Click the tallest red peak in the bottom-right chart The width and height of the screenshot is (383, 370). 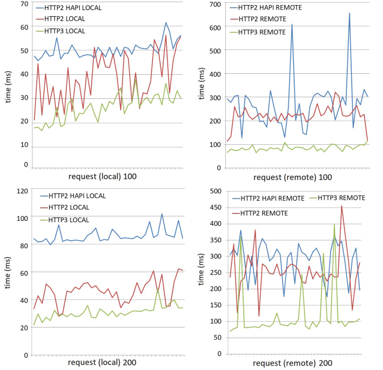(342, 206)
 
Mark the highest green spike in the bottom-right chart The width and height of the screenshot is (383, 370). (334, 224)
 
